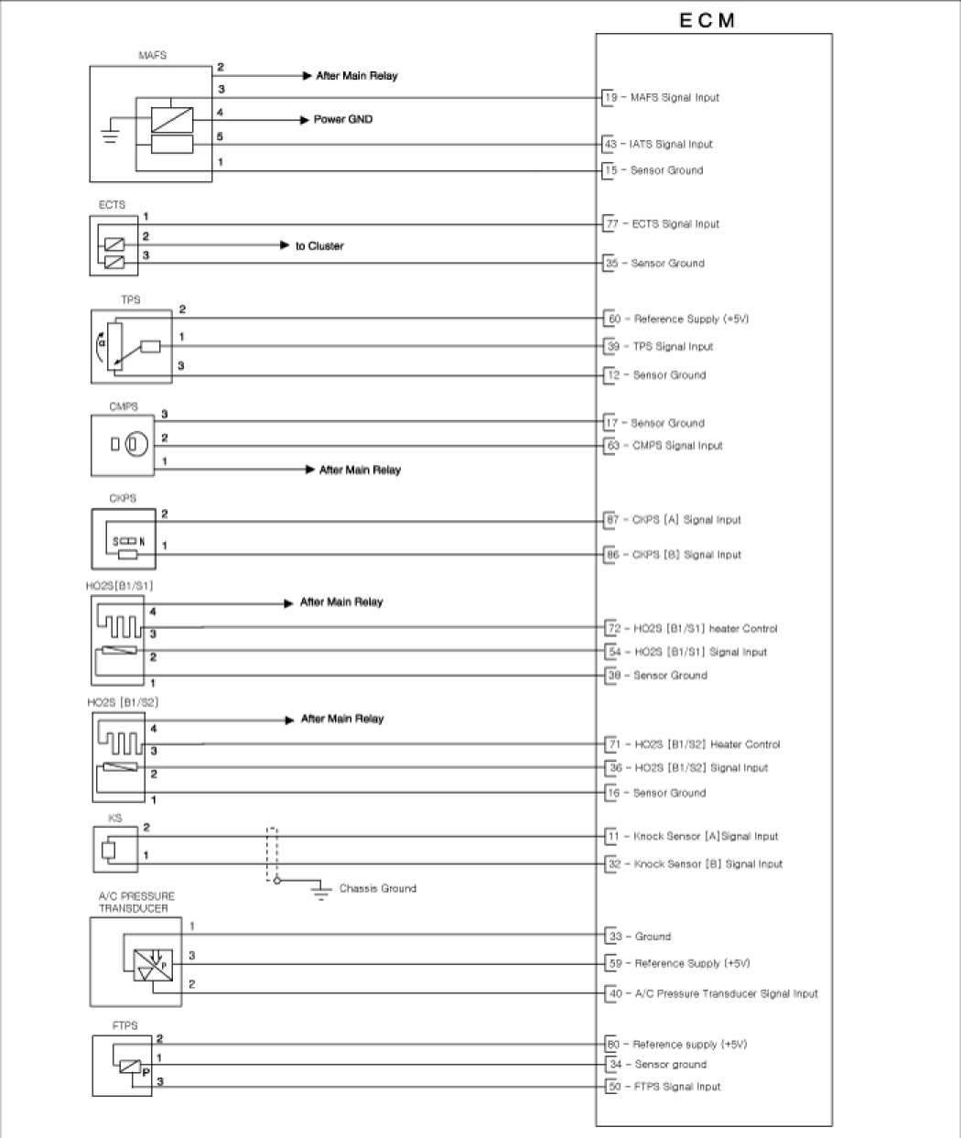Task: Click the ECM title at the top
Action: pos(707,20)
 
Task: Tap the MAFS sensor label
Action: pos(152,56)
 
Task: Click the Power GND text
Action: pos(342,119)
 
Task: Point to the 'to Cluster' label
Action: pos(319,246)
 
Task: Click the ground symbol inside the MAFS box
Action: pos(110,136)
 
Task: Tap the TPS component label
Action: pos(131,300)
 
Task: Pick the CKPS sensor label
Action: pos(123,499)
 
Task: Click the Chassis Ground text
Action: pos(377,888)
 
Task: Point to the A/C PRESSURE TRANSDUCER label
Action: pos(135,902)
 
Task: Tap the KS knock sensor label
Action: pos(114,818)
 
